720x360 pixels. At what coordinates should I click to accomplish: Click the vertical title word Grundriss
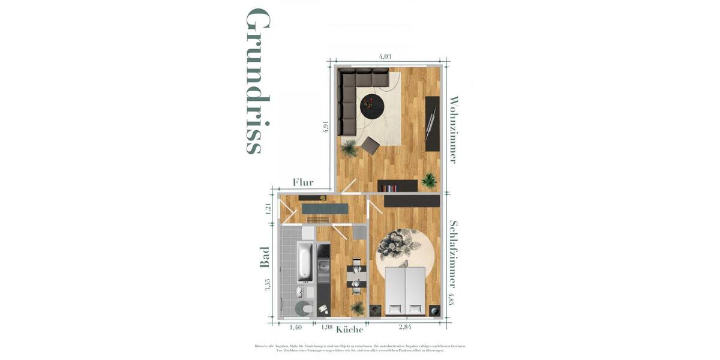click(257, 82)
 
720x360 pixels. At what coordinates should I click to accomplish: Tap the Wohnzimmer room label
click(454, 130)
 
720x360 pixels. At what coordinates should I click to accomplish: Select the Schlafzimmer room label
click(454, 254)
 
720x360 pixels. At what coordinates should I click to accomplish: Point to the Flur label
click(303, 182)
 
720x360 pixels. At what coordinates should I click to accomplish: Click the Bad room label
click(265, 257)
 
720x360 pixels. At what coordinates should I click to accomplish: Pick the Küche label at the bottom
click(349, 329)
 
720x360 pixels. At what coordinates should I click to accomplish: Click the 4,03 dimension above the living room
click(385, 57)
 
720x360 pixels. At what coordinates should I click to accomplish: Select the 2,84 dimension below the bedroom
click(406, 327)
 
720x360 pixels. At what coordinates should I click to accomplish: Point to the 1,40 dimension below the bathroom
click(295, 327)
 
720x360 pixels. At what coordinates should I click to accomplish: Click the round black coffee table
click(372, 107)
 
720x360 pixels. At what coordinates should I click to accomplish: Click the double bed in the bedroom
click(405, 291)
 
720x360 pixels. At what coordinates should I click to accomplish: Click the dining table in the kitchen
click(356, 277)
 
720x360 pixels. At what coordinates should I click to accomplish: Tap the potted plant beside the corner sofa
click(349, 148)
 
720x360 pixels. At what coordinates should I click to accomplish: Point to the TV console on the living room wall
click(432, 123)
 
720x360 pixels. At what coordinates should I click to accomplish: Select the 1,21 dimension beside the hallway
click(268, 209)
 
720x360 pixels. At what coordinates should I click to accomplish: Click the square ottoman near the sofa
click(370, 145)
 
